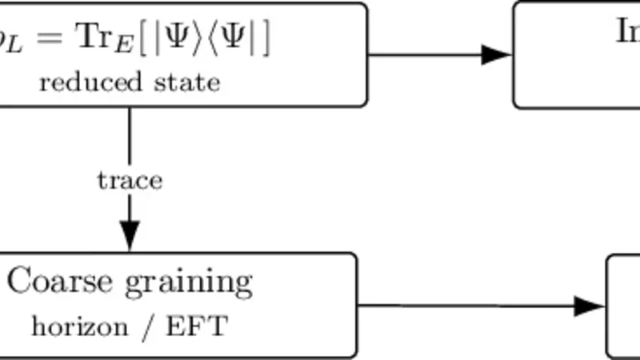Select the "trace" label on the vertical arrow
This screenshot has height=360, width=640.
(x=130, y=180)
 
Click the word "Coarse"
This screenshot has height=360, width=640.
(x=61, y=282)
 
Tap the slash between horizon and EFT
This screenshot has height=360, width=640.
(x=146, y=326)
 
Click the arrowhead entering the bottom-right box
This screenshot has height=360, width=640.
(x=590, y=306)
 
